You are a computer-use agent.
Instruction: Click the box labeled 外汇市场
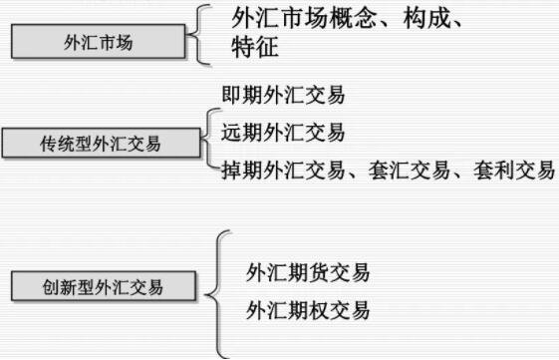97,44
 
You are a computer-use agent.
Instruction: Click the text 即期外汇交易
283,98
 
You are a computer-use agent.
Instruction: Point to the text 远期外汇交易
283,133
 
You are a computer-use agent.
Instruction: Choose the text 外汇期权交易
308,310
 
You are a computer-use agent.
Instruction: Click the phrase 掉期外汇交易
283,169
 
